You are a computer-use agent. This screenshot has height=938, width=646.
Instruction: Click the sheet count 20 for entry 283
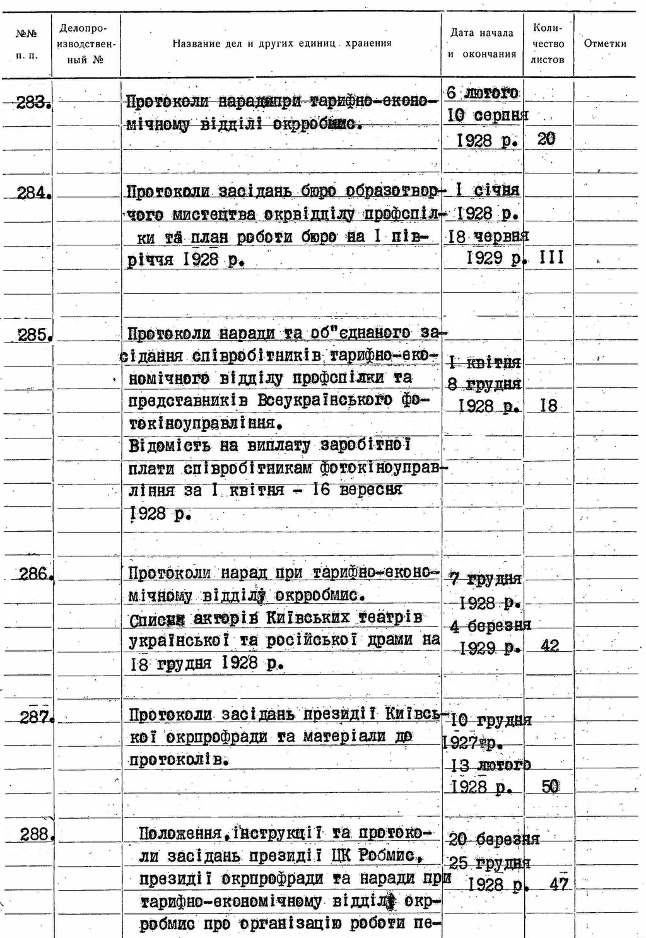point(546,139)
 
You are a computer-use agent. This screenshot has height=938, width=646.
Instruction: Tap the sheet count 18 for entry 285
point(549,406)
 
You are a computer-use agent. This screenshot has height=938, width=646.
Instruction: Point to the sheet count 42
point(549,647)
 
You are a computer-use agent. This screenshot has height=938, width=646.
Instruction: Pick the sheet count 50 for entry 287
point(550,787)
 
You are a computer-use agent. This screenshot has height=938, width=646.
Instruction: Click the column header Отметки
point(605,44)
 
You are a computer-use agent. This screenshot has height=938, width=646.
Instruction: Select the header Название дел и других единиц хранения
point(282,44)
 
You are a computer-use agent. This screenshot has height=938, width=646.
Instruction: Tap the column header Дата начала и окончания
point(482,44)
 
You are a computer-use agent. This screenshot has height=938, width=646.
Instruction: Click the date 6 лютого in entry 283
point(483,93)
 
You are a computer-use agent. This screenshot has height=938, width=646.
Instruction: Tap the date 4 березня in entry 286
point(491,626)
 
